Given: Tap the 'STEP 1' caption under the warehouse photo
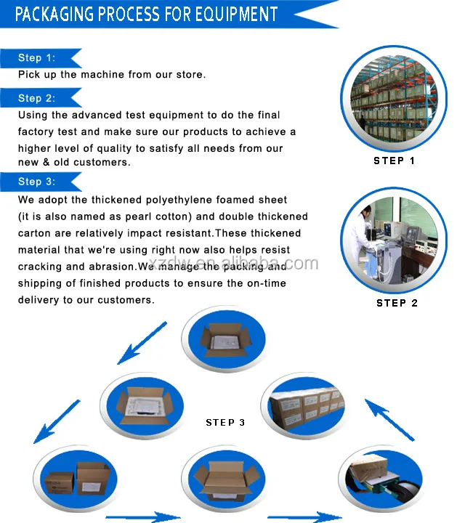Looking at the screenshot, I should coord(395,161).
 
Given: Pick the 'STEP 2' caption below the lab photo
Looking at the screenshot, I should coord(397,303).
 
